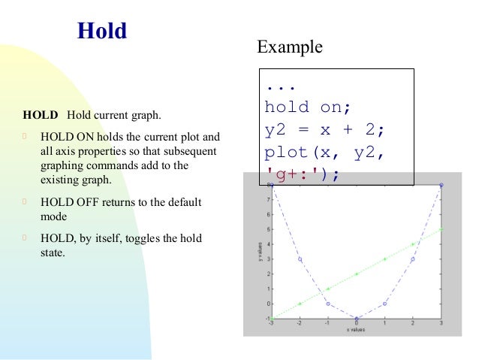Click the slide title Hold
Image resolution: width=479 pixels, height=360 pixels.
[102, 32]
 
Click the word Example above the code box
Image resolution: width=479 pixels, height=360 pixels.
[290, 47]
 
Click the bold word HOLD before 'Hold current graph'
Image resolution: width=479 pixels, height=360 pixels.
[41, 116]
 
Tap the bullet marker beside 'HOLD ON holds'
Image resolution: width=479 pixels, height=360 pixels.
[25, 138]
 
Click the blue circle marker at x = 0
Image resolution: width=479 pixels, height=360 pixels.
[357, 318]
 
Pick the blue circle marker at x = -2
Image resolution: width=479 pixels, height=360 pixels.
[300, 259]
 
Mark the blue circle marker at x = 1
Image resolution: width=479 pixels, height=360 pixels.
[384, 304]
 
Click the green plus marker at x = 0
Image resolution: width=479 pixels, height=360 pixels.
[357, 274]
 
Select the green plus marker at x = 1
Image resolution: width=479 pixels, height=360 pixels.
[384, 259]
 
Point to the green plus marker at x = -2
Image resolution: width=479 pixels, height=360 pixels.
[300, 304]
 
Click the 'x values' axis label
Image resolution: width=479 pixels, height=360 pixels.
[357, 330]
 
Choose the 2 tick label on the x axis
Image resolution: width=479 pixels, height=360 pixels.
[413, 324]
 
